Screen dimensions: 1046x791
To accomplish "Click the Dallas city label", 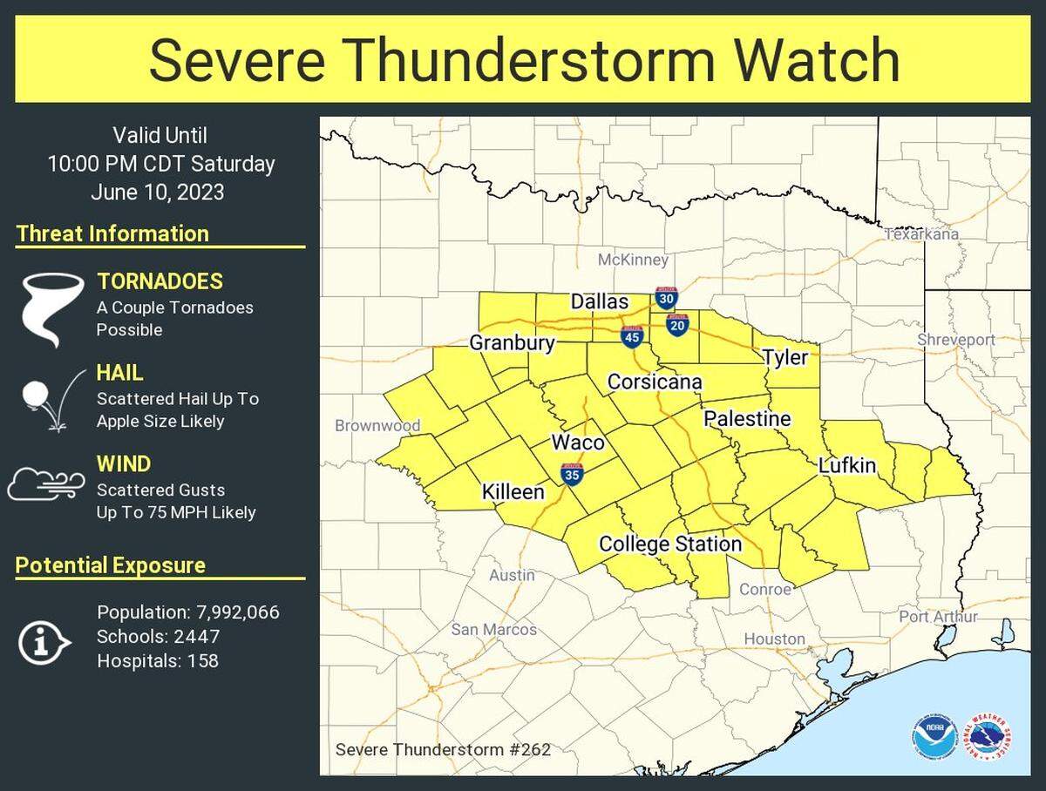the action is click(599, 301).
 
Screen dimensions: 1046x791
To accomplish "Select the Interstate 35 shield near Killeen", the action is click(573, 475).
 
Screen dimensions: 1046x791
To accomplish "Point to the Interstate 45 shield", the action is click(632, 336).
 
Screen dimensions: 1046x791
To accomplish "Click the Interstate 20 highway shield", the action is click(677, 324).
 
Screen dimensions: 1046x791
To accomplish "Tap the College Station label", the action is click(669, 544).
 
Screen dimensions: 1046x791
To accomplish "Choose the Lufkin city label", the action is click(846, 466).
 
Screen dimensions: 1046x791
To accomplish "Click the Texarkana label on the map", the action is click(921, 233).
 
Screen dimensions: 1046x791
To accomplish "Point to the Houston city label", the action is click(774, 639).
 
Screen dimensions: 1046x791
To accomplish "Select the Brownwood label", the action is click(377, 426).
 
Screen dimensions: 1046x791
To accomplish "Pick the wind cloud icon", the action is click(46, 484).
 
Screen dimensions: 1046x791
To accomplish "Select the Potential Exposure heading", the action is click(111, 565).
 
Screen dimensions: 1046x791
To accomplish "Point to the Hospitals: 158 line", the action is click(158, 661).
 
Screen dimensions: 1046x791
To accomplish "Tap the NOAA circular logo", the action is click(935, 737).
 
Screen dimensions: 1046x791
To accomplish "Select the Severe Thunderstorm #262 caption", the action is click(443, 749).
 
